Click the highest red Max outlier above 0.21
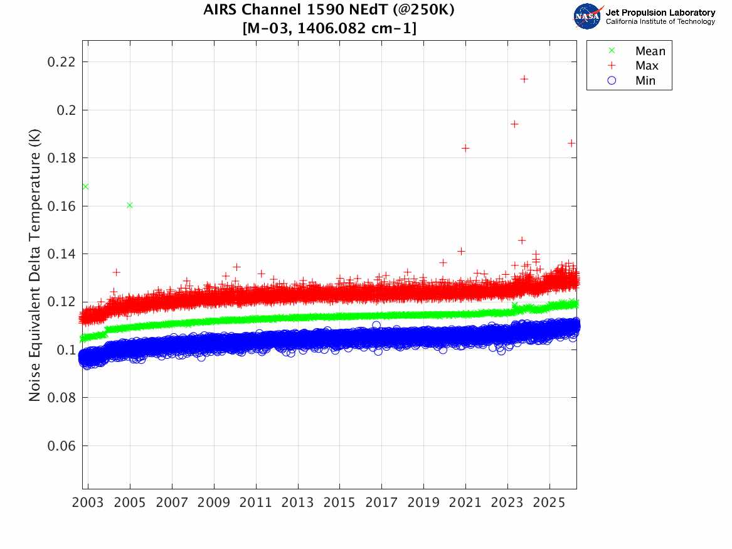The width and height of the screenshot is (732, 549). (524, 79)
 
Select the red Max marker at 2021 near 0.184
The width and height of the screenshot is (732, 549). (465, 148)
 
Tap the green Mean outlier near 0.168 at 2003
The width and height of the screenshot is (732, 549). (85, 187)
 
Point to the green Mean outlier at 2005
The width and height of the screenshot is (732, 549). (130, 205)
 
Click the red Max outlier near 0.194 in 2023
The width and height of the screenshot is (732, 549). (514, 124)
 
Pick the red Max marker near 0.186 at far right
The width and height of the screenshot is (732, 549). (571, 143)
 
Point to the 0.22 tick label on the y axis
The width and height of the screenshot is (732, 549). (61, 61)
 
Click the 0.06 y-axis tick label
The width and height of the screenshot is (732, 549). (61, 446)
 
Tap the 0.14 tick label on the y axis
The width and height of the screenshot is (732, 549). (61, 254)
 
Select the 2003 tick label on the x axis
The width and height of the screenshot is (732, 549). (88, 503)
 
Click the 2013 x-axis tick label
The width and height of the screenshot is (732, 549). (297, 503)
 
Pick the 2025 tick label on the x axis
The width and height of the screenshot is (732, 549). (549, 503)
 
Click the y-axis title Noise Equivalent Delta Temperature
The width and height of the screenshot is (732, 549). (34, 265)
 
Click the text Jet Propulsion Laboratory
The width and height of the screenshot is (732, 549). (660, 13)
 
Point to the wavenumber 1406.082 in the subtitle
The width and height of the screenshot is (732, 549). (332, 28)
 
